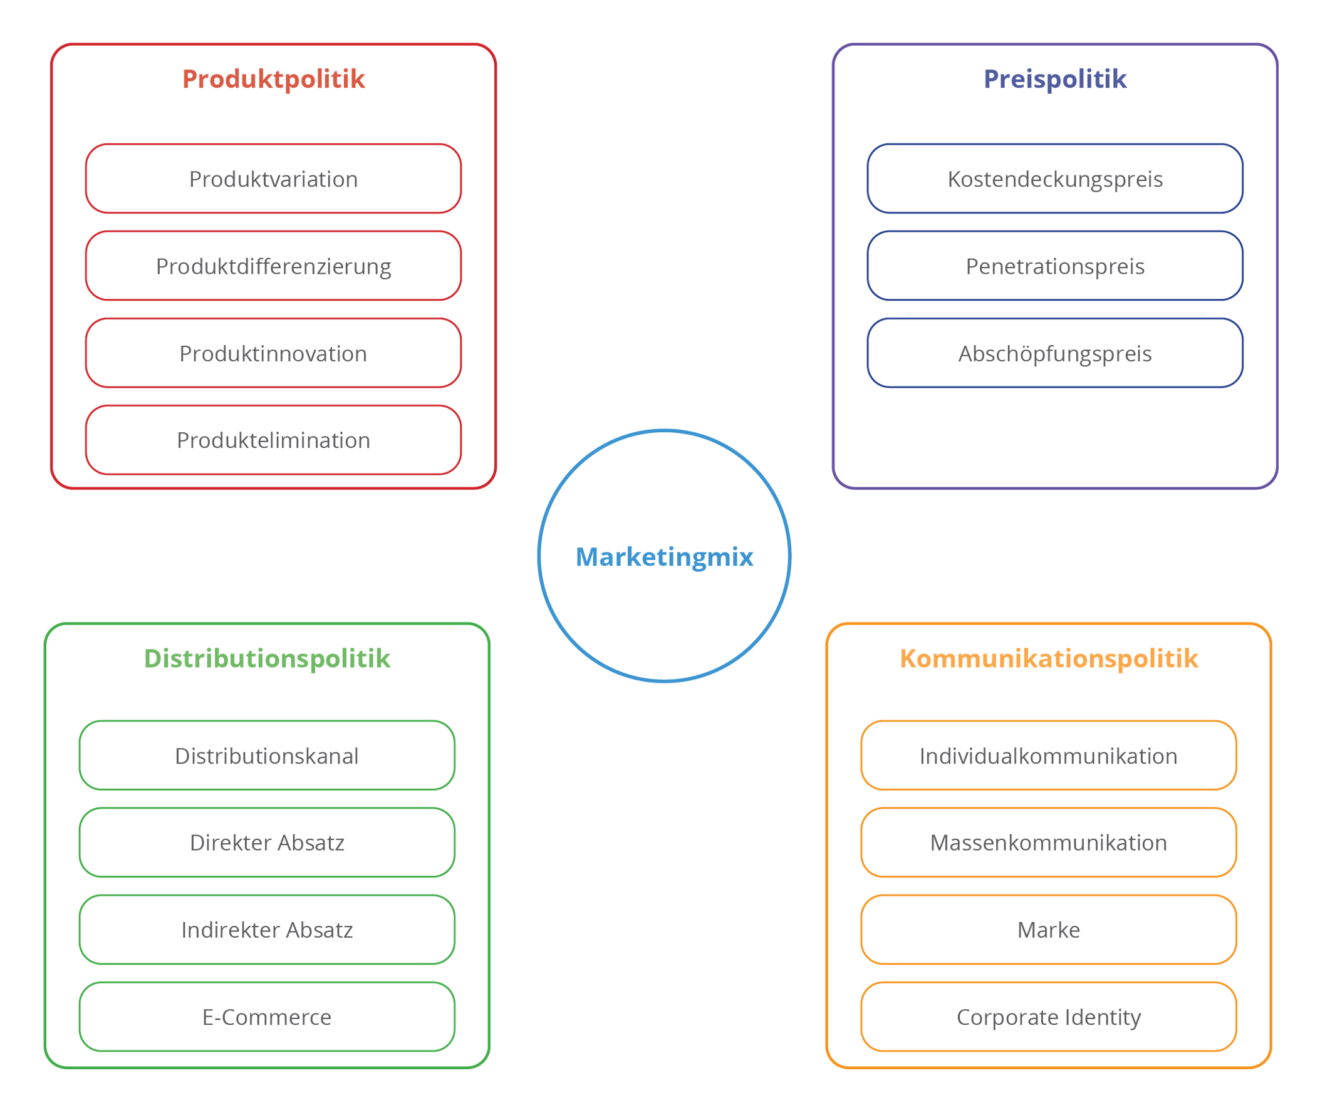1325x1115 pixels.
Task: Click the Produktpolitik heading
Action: pyautogui.click(x=273, y=79)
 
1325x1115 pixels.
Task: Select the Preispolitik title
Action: pyautogui.click(x=1054, y=79)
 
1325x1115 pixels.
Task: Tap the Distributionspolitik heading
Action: pyautogui.click(x=267, y=658)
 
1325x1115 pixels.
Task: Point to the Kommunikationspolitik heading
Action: pyautogui.click(x=1048, y=658)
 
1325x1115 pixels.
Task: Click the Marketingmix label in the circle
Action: pyautogui.click(x=664, y=557)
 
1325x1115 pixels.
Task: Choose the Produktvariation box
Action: pyautogui.click(x=273, y=179)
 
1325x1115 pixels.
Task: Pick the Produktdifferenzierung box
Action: pyautogui.click(x=273, y=266)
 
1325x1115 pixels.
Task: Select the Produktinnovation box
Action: pyautogui.click(x=273, y=353)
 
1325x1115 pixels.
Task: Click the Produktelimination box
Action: pyautogui.click(x=273, y=440)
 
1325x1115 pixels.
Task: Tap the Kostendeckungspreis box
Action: pyautogui.click(x=1054, y=179)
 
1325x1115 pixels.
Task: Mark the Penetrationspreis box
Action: pyautogui.click(x=1054, y=266)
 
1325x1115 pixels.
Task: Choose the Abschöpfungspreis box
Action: pyautogui.click(x=1054, y=353)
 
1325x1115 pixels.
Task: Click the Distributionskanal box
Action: pyautogui.click(x=267, y=755)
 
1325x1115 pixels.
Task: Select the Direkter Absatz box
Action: pyautogui.click(x=267, y=842)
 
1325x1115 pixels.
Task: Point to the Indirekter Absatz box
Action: pyautogui.click(x=267, y=929)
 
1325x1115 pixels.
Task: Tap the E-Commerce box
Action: pyautogui.click(x=267, y=1017)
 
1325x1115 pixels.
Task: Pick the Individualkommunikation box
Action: pyautogui.click(x=1048, y=755)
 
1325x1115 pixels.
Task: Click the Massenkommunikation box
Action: pyautogui.click(x=1048, y=842)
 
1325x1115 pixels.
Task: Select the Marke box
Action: pyautogui.click(x=1048, y=929)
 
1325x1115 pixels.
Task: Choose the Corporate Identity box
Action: pyautogui.click(x=1048, y=1017)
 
